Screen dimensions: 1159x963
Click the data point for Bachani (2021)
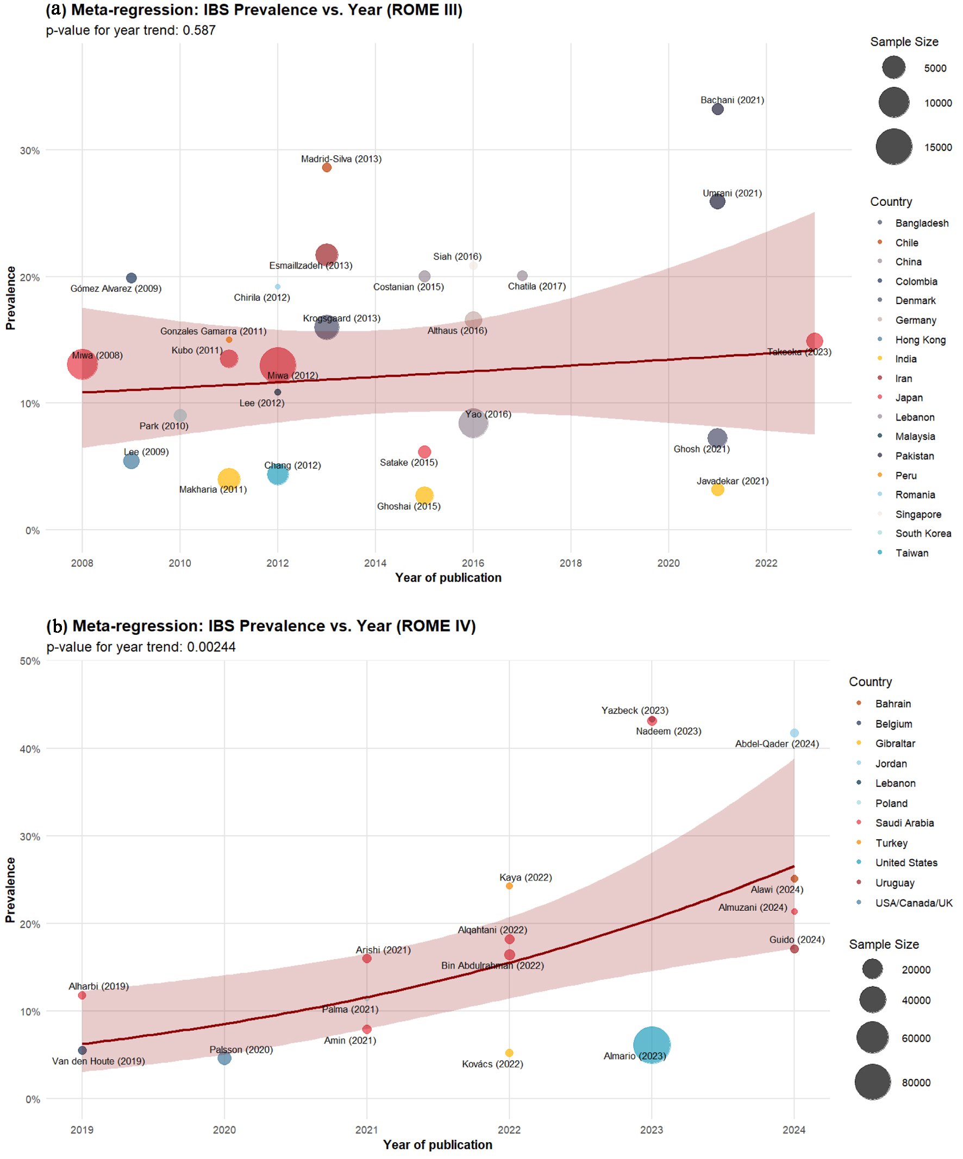click(717, 109)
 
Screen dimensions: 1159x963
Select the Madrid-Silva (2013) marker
click(327, 168)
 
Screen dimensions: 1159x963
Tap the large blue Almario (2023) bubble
click(652, 1045)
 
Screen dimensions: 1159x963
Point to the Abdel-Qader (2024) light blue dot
click(794, 734)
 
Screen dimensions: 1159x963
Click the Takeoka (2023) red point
click(815, 342)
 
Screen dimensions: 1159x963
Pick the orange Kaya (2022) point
click(509, 886)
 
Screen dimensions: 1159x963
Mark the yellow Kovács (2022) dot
click(509, 1053)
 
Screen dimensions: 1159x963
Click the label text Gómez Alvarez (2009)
click(116, 288)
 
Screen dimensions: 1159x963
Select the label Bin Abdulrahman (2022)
click(492, 966)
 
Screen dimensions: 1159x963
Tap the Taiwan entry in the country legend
click(912, 553)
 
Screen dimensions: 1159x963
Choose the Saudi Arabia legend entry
click(904, 823)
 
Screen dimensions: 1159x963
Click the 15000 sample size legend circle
click(894, 147)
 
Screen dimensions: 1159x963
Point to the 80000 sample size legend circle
click(873, 1082)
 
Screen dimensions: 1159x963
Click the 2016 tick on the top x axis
click(473, 563)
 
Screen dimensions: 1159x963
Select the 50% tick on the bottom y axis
click(30, 661)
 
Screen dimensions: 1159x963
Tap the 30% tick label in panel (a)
click(30, 150)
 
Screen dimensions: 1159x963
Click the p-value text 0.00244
click(211, 647)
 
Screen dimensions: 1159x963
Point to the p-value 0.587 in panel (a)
click(199, 30)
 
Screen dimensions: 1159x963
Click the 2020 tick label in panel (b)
click(224, 1130)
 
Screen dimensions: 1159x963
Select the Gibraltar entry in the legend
click(895, 744)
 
